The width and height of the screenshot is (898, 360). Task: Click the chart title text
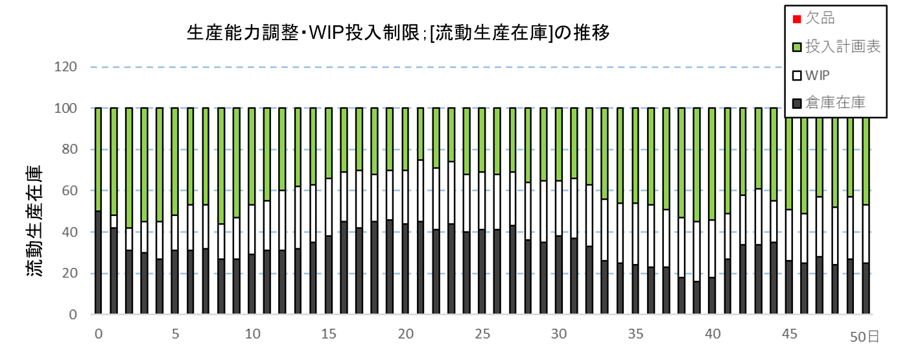point(398,33)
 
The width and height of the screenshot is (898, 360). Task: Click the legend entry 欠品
point(820,18)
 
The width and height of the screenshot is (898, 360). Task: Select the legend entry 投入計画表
point(842,47)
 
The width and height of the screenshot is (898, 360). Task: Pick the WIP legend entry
point(818,75)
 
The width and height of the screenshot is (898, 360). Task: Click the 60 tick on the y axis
point(71,191)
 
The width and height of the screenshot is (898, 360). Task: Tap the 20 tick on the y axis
point(71,273)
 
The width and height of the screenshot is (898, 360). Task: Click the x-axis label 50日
point(865,336)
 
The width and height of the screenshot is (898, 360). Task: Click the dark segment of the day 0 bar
point(99,263)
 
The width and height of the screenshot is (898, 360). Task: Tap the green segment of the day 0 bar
point(99,160)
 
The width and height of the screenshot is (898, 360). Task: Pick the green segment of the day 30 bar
point(560,144)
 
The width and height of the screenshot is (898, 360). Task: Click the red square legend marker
point(796,19)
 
